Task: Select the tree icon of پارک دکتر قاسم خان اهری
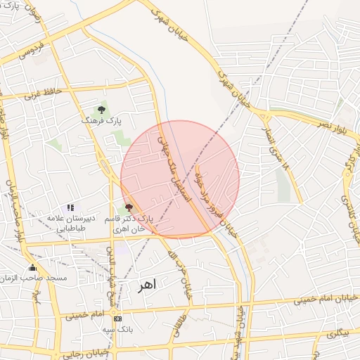[x=128, y=207]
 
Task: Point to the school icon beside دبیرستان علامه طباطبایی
[x=70, y=207]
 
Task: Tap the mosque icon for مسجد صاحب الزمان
[x=32, y=267]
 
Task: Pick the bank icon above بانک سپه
[x=117, y=318]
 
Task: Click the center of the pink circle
[x=180, y=179]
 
